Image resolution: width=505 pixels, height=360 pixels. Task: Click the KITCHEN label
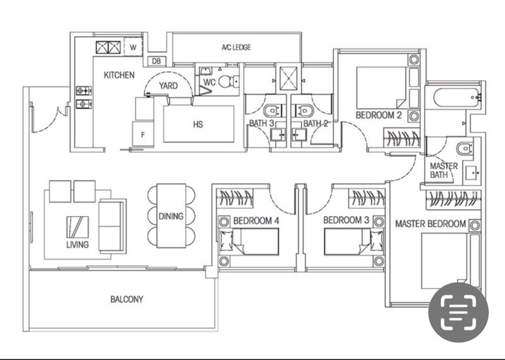[x=119, y=75]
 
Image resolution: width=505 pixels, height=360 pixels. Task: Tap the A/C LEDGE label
[x=237, y=47]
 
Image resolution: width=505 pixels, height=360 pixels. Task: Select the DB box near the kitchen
[x=156, y=61]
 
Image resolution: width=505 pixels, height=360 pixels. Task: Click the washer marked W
[x=133, y=47]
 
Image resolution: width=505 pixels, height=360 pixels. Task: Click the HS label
[x=198, y=124]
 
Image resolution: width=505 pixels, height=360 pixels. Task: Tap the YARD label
[x=168, y=85]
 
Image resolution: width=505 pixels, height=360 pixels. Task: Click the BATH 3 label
[x=261, y=124]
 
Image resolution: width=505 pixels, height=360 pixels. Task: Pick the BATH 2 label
[x=316, y=124]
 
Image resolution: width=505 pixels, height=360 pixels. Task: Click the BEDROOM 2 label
[x=379, y=116]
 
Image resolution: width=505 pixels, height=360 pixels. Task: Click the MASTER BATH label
[x=444, y=170]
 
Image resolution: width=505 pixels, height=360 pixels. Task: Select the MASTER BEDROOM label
[x=431, y=224]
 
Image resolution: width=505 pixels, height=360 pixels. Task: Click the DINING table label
[x=170, y=216]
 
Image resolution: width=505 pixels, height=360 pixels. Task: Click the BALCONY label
[x=126, y=299]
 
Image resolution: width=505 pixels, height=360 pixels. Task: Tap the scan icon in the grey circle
[x=458, y=312]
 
